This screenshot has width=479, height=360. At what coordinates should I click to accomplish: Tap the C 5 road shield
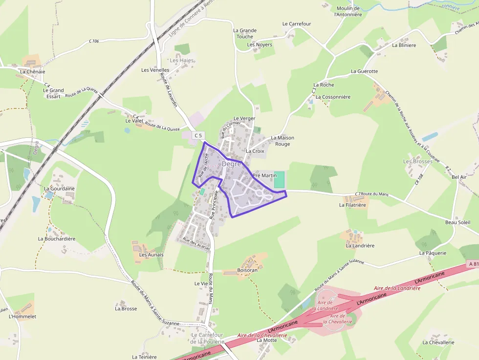pyautogui.click(x=198, y=135)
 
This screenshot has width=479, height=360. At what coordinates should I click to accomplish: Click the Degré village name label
pyautogui.click(x=231, y=164)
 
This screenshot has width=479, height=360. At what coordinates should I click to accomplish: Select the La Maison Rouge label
pyautogui.click(x=283, y=141)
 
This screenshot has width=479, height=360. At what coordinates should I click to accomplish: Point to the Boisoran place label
pyautogui.click(x=247, y=270)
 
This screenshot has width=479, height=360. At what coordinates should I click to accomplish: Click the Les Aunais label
pyautogui.click(x=151, y=255)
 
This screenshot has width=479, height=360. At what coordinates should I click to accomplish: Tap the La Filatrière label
pyautogui.click(x=352, y=205)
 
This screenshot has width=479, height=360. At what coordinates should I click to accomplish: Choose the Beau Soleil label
pyautogui.click(x=457, y=222)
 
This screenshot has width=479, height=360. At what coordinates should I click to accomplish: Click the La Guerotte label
pyautogui.click(x=364, y=71)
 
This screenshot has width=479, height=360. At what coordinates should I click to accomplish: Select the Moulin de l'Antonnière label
pyautogui.click(x=348, y=11)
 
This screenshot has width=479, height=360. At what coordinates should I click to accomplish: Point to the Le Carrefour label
pyautogui.click(x=296, y=23)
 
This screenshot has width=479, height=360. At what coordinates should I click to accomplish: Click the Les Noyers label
pyautogui.click(x=259, y=45)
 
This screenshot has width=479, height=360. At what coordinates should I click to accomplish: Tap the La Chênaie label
pyautogui.click(x=33, y=71)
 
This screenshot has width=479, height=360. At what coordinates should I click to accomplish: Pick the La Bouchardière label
pyautogui.click(x=57, y=239)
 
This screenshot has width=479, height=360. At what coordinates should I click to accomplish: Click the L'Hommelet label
pyautogui.click(x=22, y=317)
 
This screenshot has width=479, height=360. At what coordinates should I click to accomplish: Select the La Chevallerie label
pyautogui.click(x=438, y=342)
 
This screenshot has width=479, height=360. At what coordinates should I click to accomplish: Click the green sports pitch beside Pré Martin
pyautogui.click(x=279, y=179)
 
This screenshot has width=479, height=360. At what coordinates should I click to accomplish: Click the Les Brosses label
pyautogui.click(x=417, y=161)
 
